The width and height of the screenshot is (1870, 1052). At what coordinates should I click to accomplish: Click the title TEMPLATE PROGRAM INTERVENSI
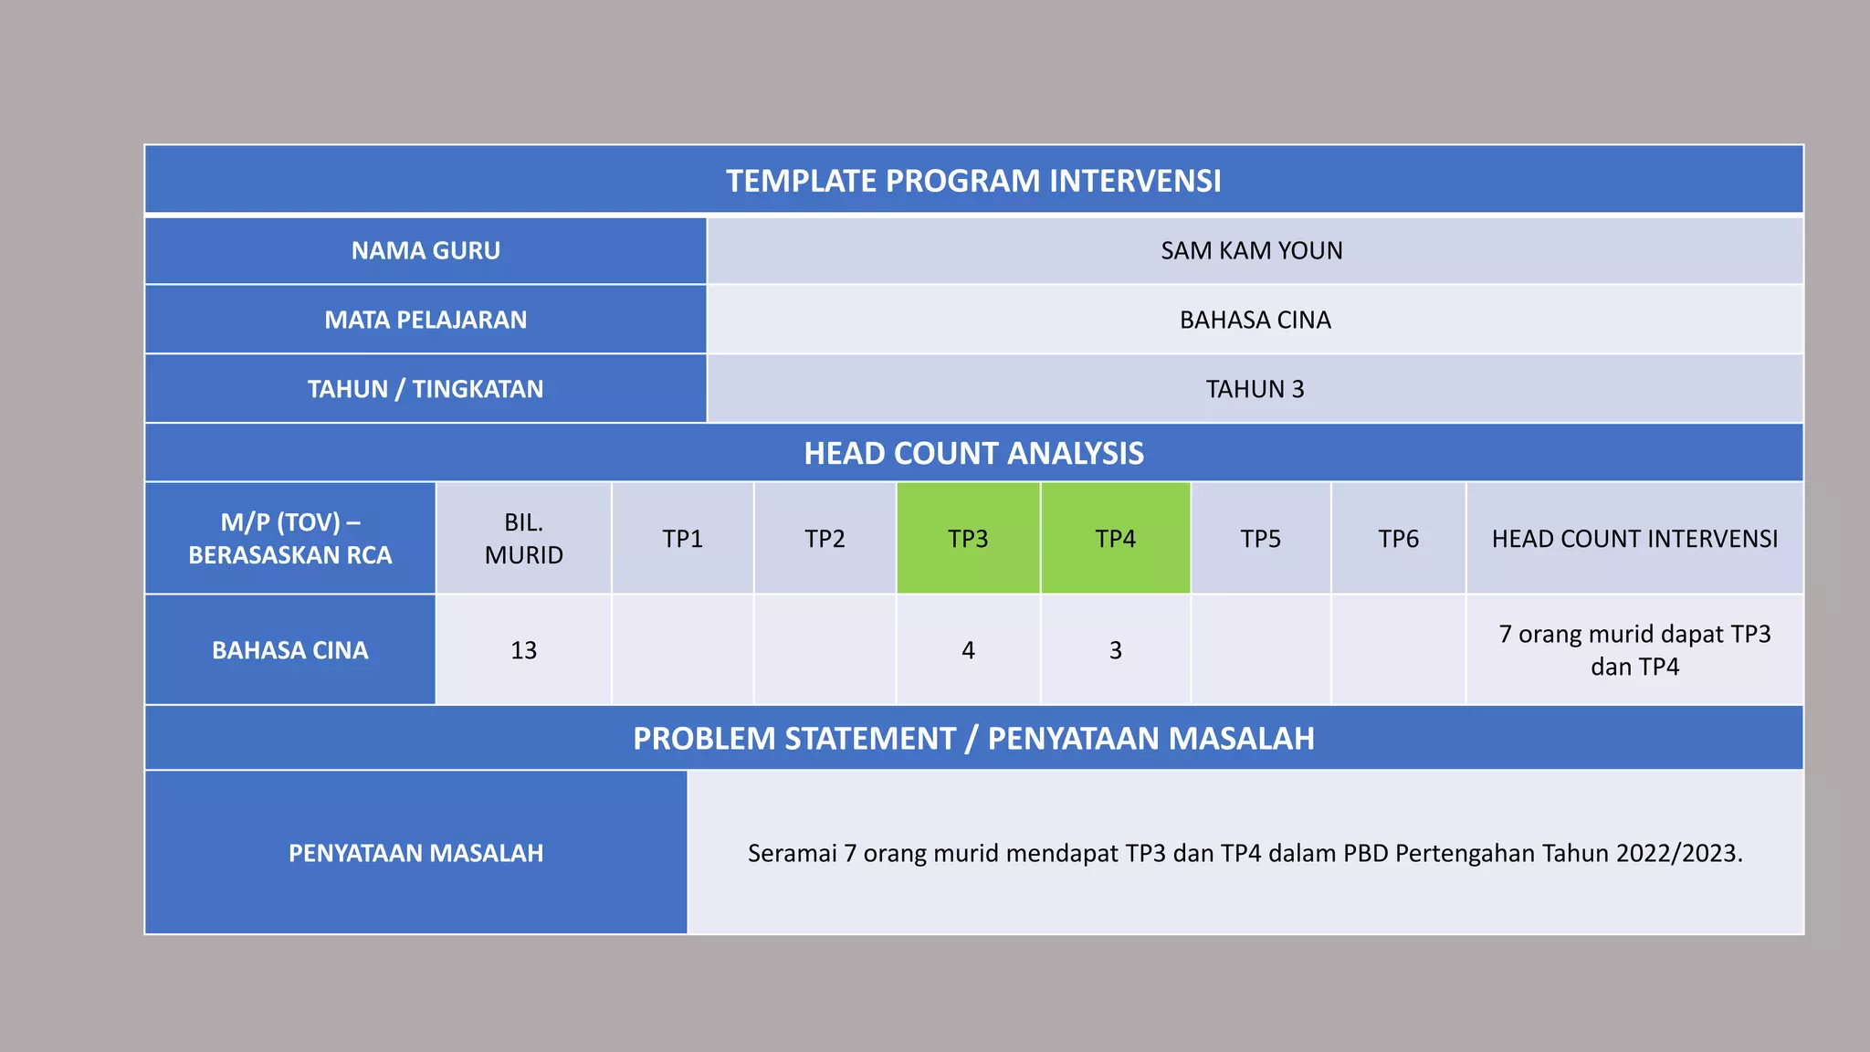click(973, 181)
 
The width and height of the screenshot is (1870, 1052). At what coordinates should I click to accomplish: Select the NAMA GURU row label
click(425, 250)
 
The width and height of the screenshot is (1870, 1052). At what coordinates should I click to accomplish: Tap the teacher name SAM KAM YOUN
click(1251, 250)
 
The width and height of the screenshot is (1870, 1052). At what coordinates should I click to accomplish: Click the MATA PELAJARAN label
click(425, 320)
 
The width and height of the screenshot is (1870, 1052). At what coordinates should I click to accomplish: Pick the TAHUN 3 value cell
click(1255, 389)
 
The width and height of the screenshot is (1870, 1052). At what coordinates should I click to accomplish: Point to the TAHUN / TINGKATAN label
click(425, 389)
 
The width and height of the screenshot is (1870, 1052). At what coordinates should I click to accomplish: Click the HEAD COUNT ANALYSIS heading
click(973, 453)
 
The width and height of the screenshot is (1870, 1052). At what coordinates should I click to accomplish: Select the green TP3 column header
click(968, 539)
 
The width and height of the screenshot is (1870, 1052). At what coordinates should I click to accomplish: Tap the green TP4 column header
click(1115, 539)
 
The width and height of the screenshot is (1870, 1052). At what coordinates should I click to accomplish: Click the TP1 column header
click(682, 539)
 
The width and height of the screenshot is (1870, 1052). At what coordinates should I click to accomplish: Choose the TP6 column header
click(1398, 539)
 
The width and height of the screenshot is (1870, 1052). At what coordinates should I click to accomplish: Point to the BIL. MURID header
click(523, 539)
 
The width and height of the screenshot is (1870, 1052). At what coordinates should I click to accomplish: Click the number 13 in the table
click(523, 650)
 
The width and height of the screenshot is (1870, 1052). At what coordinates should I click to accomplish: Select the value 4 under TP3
click(968, 650)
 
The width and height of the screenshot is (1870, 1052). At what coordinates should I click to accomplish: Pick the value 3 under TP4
click(1115, 650)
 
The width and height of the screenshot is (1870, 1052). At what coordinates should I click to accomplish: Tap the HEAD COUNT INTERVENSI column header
click(1634, 539)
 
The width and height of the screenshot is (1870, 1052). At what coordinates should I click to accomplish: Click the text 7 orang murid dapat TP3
click(1634, 635)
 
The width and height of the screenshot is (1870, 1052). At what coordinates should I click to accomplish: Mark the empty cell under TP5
click(1261, 650)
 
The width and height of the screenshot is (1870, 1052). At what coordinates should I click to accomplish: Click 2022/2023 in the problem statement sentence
click(1678, 853)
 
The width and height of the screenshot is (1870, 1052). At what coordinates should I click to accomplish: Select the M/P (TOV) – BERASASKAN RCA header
click(289, 539)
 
